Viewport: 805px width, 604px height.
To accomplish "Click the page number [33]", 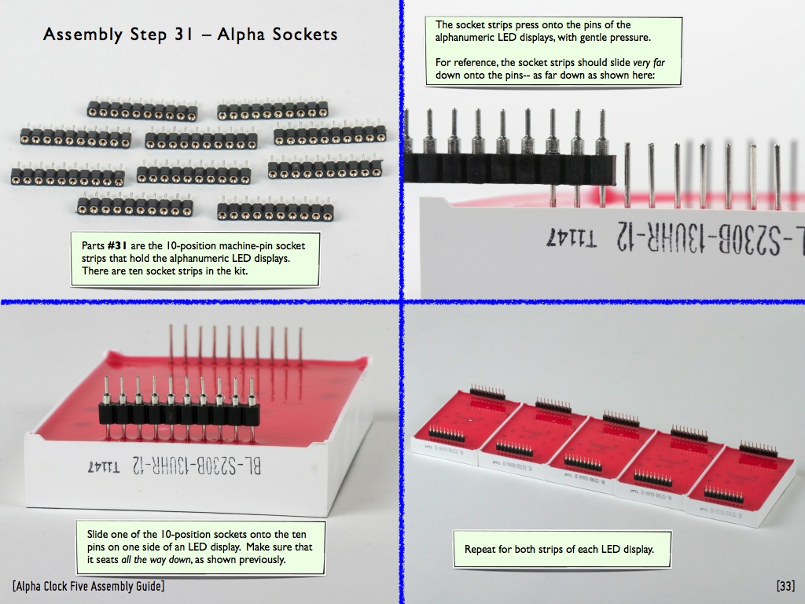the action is (x=785, y=586).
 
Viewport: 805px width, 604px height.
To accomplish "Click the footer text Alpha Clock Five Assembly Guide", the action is (x=89, y=586).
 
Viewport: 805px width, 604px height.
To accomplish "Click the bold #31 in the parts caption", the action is (x=118, y=245).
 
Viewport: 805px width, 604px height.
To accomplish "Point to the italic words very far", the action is (x=649, y=63).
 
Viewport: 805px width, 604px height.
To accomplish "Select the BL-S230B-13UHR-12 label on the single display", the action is (x=196, y=466).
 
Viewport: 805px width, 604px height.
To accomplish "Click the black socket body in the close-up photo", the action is (x=509, y=169).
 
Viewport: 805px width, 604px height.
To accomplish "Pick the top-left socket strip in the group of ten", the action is (x=142, y=110).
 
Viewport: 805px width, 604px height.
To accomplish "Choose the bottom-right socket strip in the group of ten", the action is (x=275, y=211).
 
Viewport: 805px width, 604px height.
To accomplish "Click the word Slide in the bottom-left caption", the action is (x=98, y=534).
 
